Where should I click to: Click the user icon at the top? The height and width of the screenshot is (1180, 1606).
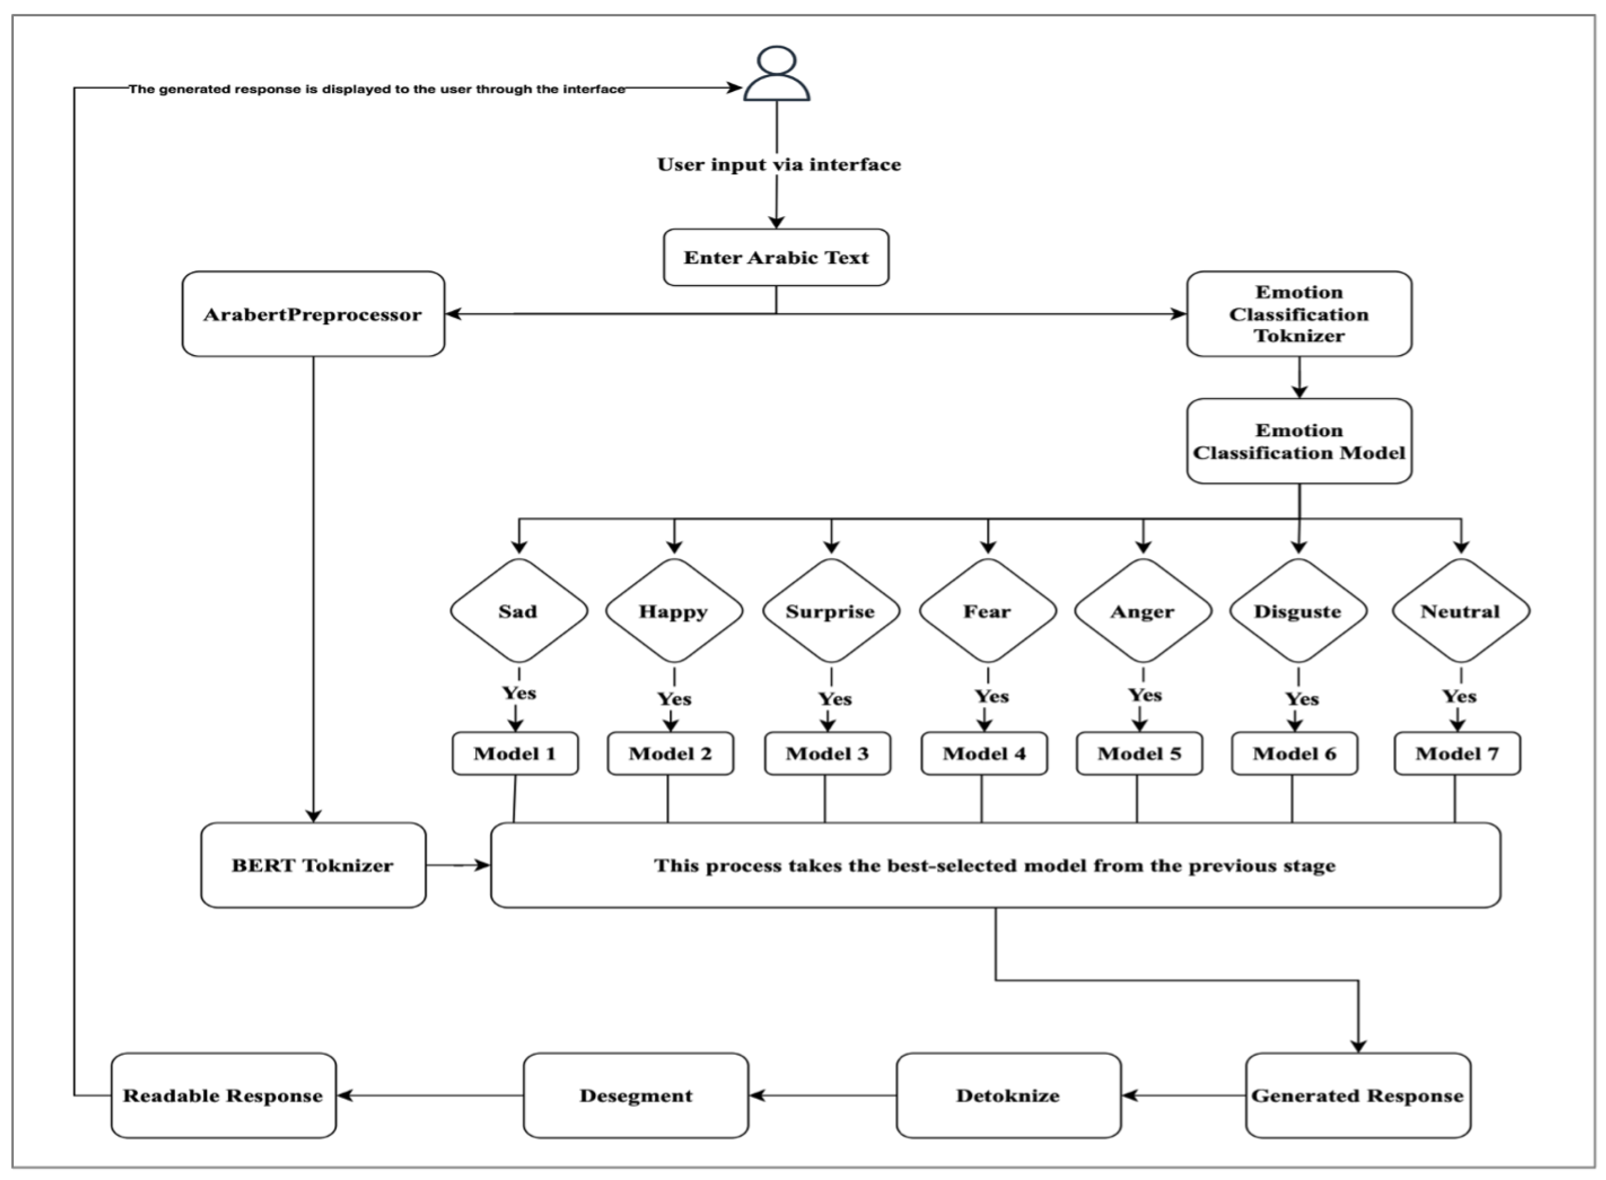click(x=776, y=74)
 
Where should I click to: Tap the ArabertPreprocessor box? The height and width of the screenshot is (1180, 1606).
click(x=313, y=314)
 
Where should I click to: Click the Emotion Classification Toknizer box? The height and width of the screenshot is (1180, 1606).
click(x=1299, y=314)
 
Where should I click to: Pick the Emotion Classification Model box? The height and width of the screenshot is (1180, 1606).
click(x=1299, y=441)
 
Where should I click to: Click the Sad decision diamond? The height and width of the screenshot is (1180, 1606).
click(x=519, y=611)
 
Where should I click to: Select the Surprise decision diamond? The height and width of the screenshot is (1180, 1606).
click(x=831, y=611)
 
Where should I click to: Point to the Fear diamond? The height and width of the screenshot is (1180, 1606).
click(x=987, y=611)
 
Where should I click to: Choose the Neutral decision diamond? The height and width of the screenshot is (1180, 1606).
click(x=1461, y=611)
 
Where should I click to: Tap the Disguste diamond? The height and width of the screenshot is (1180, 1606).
click(x=1298, y=611)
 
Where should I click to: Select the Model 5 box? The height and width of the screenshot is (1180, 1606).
click(x=1140, y=753)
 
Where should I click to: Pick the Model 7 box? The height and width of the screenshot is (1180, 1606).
click(x=1457, y=753)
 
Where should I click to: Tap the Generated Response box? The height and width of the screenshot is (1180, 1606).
click(x=1358, y=1096)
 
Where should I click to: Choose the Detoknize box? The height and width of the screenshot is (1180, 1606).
click(x=1009, y=1096)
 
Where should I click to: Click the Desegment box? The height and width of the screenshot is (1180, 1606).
click(x=635, y=1096)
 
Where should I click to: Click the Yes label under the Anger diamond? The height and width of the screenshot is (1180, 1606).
click(x=1145, y=695)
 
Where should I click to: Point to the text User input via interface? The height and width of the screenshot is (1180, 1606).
click(x=779, y=165)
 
